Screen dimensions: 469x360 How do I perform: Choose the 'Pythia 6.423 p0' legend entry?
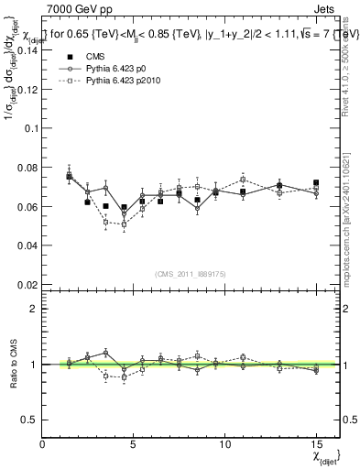click(x=96, y=68)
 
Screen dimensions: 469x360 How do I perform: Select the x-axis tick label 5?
click(x=134, y=443)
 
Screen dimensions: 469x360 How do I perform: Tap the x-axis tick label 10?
click(x=224, y=443)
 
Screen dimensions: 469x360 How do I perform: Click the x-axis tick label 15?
click(x=316, y=443)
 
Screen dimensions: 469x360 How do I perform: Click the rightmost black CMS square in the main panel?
click(x=316, y=183)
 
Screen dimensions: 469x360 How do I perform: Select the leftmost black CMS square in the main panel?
click(x=70, y=177)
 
